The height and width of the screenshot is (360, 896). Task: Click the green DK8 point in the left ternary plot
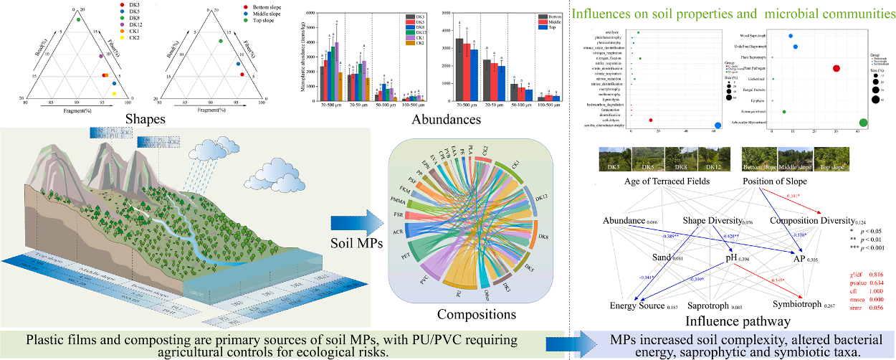(78, 19)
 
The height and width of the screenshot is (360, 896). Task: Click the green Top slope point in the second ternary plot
(221, 41)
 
